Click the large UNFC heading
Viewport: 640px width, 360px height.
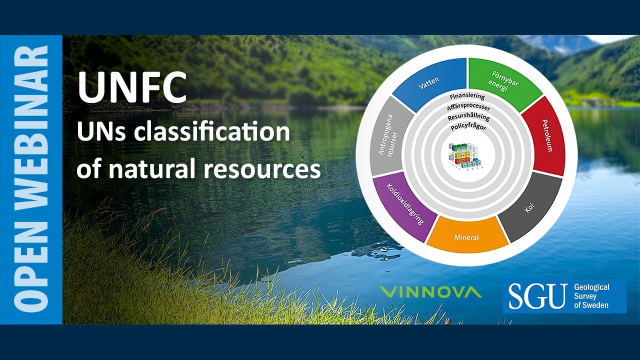tap(132, 87)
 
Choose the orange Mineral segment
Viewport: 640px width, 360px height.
tap(466, 236)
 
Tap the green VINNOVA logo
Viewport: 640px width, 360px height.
tap(430, 291)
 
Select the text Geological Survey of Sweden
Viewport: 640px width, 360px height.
tap(592, 296)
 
